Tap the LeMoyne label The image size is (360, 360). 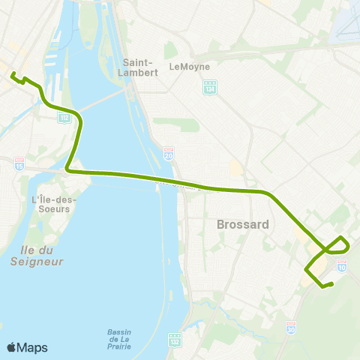pyautogui.click(x=187, y=66)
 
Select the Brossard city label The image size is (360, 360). pyautogui.click(x=238, y=223)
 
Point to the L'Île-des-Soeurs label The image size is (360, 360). pyautogui.click(x=51, y=204)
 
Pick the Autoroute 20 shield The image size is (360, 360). pyautogui.click(x=168, y=153)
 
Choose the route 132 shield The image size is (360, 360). pyautogui.click(x=174, y=340)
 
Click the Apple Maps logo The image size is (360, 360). pyautogui.click(x=12, y=347)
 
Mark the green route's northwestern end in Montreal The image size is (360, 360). pyautogui.click(x=13, y=73)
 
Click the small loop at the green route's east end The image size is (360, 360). pyautogui.click(x=337, y=245)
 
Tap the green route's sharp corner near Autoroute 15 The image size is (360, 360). pyautogui.click(x=68, y=169)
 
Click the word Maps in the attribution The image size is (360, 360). pyautogui.click(x=32, y=347)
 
